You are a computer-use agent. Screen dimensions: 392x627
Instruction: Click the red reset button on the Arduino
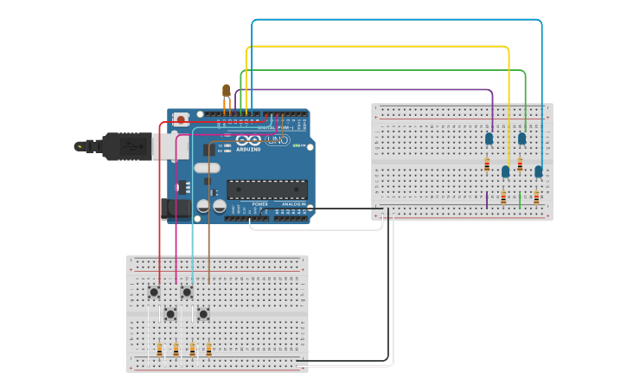coord(181,120)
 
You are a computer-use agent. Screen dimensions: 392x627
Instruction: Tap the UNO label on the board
coord(278,140)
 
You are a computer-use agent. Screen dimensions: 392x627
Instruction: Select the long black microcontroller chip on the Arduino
coord(266,190)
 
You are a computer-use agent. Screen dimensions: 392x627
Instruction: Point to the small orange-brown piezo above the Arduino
coord(227,90)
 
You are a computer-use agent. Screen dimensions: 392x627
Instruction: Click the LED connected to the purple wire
coord(489,138)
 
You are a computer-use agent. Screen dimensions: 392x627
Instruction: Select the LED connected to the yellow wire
coord(505,171)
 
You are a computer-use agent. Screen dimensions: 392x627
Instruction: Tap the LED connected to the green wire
coord(521,138)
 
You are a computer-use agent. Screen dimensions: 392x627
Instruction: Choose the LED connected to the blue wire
coord(538,171)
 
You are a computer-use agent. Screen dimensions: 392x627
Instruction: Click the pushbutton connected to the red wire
coord(154,292)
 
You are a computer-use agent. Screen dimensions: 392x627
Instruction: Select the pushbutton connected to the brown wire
coord(203,313)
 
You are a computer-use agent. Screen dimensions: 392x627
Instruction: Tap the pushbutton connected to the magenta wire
coord(170,313)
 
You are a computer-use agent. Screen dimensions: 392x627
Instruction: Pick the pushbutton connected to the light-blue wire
coord(187,292)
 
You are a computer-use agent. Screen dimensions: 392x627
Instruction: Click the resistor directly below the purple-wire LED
coord(487,164)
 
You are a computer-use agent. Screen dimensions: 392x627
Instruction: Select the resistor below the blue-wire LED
coord(536,197)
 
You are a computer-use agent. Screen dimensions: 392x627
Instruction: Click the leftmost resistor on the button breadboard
coord(159,350)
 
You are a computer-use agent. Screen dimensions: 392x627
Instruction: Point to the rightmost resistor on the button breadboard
coord(208,350)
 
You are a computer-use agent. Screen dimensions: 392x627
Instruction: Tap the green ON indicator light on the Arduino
coord(296,145)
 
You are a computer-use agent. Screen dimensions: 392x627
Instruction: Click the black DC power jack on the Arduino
coord(176,208)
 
